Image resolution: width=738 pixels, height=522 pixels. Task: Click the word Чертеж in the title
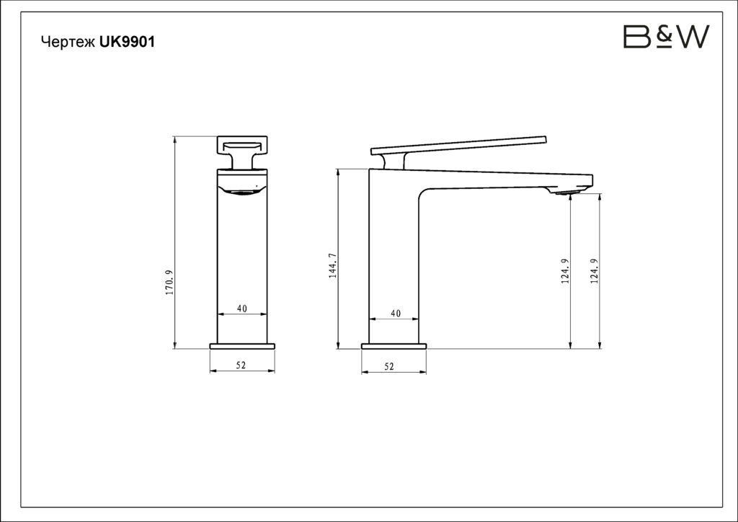coord(68,42)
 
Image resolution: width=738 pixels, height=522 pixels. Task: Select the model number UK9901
coord(127,42)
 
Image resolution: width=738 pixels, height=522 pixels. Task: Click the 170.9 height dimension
coord(170,283)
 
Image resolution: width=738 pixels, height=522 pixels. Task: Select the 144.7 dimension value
coord(333,265)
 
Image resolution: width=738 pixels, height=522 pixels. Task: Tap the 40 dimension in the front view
coord(242,309)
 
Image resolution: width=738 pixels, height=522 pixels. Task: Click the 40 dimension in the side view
coord(396,314)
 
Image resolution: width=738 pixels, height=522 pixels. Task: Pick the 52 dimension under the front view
coord(241,366)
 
